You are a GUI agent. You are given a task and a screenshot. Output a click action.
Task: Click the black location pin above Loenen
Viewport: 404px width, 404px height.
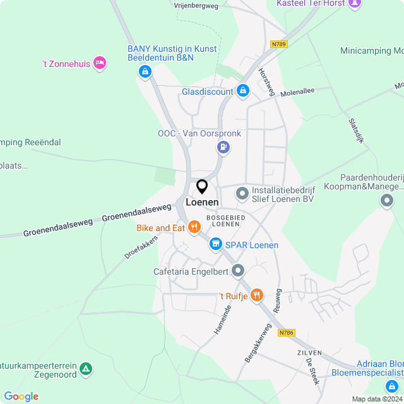[202, 186]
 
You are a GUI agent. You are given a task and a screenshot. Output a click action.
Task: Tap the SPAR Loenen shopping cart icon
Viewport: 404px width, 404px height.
[215, 244]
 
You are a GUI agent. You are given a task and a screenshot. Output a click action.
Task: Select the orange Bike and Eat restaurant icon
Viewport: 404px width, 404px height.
[194, 227]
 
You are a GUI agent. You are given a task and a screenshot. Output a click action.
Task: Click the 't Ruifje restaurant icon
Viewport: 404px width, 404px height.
[256, 294]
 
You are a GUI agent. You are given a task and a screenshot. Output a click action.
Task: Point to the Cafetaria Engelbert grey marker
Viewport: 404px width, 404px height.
[238, 271]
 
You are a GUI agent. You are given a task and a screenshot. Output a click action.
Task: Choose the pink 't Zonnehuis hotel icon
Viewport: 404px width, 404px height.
[99, 62]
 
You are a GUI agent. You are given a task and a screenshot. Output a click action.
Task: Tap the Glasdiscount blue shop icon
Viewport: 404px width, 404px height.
[242, 92]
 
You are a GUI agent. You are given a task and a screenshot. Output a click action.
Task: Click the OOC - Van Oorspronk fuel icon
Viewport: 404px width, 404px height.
[222, 148]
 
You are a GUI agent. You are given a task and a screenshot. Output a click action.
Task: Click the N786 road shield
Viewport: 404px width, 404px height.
[287, 333]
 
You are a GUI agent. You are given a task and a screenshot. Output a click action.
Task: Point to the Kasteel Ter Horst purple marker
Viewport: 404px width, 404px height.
[355, 4]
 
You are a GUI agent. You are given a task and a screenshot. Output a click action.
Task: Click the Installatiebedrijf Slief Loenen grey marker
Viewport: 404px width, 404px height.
[242, 193]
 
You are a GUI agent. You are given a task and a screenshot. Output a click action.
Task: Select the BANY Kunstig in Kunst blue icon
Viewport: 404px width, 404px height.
[145, 71]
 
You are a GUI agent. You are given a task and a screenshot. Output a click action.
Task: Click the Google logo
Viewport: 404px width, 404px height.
[21, 396]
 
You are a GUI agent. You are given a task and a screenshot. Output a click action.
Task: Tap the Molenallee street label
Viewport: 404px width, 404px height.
[297, 92]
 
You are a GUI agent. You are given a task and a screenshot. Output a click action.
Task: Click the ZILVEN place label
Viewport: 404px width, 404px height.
[309, 353]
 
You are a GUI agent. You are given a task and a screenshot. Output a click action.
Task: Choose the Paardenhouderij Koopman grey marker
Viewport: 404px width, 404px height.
[387, 200]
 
